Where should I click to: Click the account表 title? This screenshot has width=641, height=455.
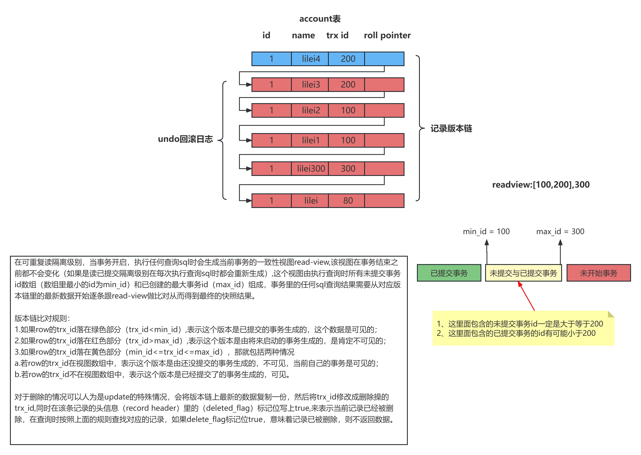click(320, 19)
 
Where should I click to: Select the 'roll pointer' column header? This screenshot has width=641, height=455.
click(387, 35)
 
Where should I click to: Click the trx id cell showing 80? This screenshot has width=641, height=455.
click(348, 201)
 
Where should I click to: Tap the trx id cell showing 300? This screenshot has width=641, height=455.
click(348, 169)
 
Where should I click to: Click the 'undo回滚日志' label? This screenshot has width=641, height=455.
click(185, 139)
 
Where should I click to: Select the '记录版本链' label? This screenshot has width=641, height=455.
click(451, 129)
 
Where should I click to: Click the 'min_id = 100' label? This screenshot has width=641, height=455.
click(486, 231)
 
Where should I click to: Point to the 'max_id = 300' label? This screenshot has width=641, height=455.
click(560, 231)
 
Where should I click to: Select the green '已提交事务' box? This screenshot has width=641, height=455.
click(449, 273)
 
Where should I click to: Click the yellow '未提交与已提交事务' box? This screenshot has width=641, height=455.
click(523, 273)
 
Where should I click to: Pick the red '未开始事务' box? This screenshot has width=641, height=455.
click(598, 273)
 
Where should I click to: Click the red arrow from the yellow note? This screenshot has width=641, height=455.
click(526, 296)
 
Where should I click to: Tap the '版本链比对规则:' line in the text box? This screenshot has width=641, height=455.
click(42, 318)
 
